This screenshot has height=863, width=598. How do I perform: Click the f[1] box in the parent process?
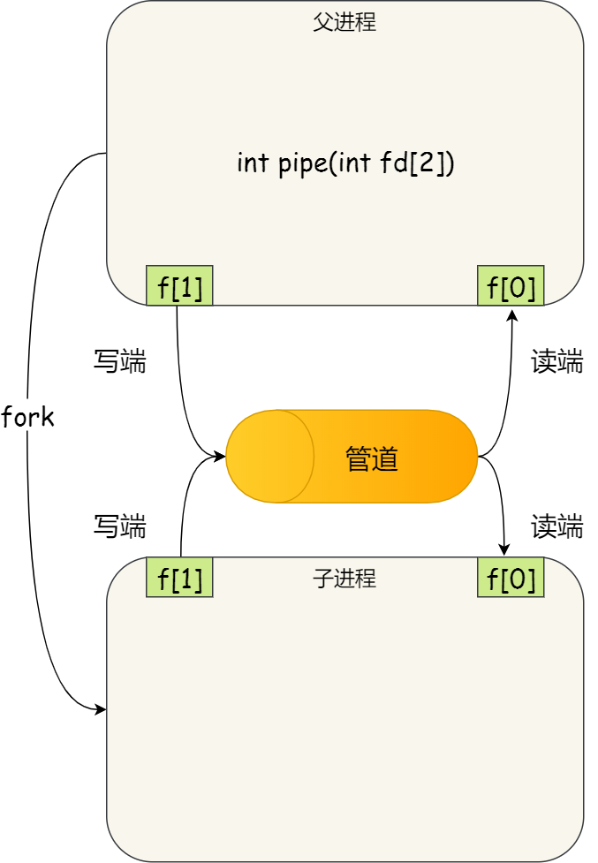[x=179, y=286]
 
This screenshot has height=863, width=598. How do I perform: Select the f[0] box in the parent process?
[x=511, y=286]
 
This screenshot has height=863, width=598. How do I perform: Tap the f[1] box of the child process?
[x=179, y=578]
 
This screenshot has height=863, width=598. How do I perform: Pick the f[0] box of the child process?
[x=511, y=578]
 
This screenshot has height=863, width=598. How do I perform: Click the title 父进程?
[x=344, y=23]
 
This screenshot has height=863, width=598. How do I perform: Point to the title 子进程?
[x=344, y=579]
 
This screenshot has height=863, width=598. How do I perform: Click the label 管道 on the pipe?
[x=372, y=458]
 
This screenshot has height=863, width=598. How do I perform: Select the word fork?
[x=28, y=417]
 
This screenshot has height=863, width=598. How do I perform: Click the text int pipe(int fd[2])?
[x=345, y=163]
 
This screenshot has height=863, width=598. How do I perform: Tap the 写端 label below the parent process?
[x=119, y=361]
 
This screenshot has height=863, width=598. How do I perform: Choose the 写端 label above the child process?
[x=119, y=526]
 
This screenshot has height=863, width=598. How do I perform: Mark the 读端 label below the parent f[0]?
[x=556, y=361]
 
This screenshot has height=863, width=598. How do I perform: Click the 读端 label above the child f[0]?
[x=556, y=526]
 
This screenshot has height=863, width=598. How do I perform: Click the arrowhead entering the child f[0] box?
[x=505, y=550]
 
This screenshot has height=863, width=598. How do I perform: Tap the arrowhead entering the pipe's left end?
[x=221, y=457]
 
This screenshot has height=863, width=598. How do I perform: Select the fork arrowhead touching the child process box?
[x=101, y=708]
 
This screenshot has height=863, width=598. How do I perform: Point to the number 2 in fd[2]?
[x=434, y=163]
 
